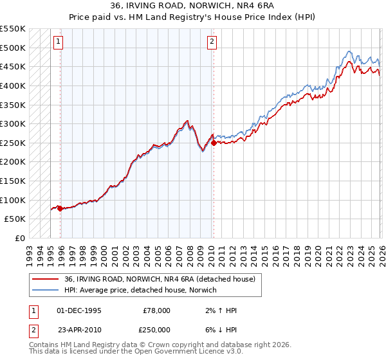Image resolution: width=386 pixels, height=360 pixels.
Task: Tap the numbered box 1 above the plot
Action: [x=58, y=42]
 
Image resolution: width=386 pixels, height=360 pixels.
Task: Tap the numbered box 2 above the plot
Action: [x=212, y=42]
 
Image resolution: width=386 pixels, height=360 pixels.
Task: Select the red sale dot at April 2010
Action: [x=214, y=143]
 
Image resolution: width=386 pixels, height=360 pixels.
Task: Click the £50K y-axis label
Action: [x=15, y=219]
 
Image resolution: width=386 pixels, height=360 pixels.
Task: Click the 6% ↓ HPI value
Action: [x=219, y=329]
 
